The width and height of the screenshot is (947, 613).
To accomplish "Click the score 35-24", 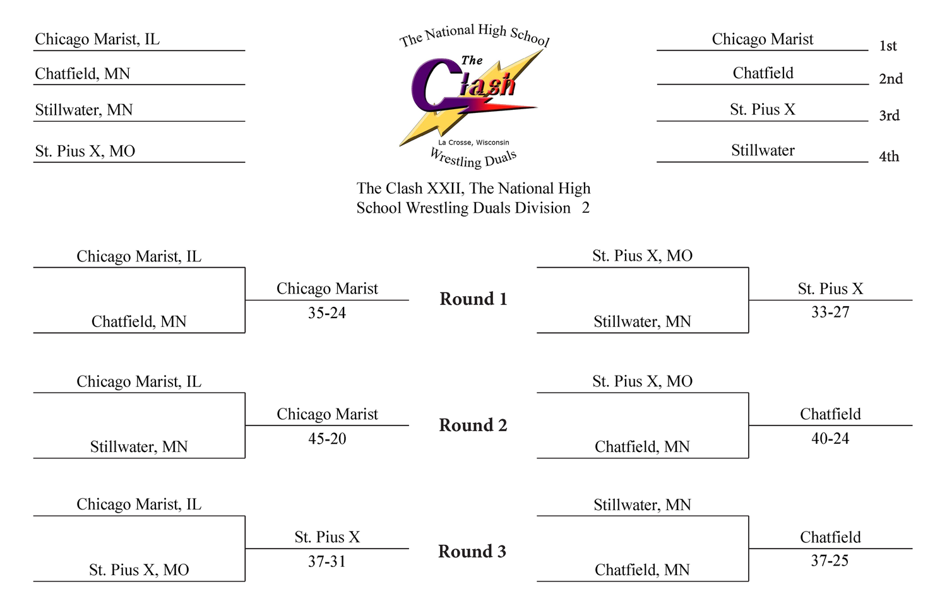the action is tap(327, 313).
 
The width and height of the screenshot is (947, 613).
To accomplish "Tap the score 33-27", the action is tap(830, 312).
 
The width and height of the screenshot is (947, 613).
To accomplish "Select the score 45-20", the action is tap(327, 438).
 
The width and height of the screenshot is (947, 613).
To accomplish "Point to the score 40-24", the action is tap(830, 438).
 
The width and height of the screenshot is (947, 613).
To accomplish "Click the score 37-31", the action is tap(327, 561).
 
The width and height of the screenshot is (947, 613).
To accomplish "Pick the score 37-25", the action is tap(830, 561).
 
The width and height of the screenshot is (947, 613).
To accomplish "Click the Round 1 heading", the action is tap(473, 299).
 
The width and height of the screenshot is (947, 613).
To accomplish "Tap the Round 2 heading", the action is tap(473, 425).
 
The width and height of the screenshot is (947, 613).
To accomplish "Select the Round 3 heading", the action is tap(472, 551).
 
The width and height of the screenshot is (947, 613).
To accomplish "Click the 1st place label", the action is tap(888, 45).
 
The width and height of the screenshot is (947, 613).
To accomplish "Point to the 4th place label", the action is tap(889, 157).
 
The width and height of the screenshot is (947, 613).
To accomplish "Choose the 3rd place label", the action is tap(889, 116).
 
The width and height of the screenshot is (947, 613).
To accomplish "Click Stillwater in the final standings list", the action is tap(763, 150).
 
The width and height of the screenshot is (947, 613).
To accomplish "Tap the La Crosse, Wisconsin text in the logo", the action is tap(473, 143).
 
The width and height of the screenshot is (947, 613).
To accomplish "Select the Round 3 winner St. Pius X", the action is tap(327, 537).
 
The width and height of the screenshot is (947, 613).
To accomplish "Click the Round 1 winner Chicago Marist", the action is tap(327, 289).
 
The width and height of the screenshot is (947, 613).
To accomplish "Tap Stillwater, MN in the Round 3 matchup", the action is tap(642, 505).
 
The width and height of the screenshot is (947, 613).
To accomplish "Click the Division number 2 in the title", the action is tap(585, 208).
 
